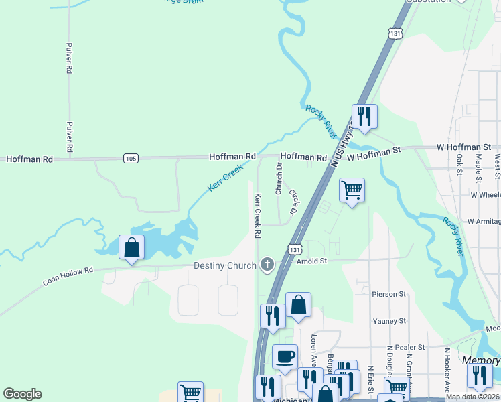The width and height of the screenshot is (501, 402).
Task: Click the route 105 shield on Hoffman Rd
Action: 131,158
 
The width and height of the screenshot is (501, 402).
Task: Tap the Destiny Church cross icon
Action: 267,265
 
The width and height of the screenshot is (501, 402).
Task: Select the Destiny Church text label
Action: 225,265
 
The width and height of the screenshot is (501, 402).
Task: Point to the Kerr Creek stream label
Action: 224,179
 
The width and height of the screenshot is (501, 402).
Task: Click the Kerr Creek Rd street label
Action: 257,216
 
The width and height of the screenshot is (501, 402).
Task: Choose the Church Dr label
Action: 279,179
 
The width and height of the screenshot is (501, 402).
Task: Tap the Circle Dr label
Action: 293,202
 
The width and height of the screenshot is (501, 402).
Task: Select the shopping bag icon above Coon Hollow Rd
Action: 132,247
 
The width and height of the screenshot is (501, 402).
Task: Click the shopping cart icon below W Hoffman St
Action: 352,190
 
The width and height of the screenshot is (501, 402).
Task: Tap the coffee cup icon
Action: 285,356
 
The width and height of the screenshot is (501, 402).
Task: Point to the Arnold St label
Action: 311,260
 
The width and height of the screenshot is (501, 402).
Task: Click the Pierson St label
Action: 388,293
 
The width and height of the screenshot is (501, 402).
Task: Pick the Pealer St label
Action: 410,347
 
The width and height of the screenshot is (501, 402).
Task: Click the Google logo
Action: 22,394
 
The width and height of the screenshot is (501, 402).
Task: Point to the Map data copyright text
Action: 473,397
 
